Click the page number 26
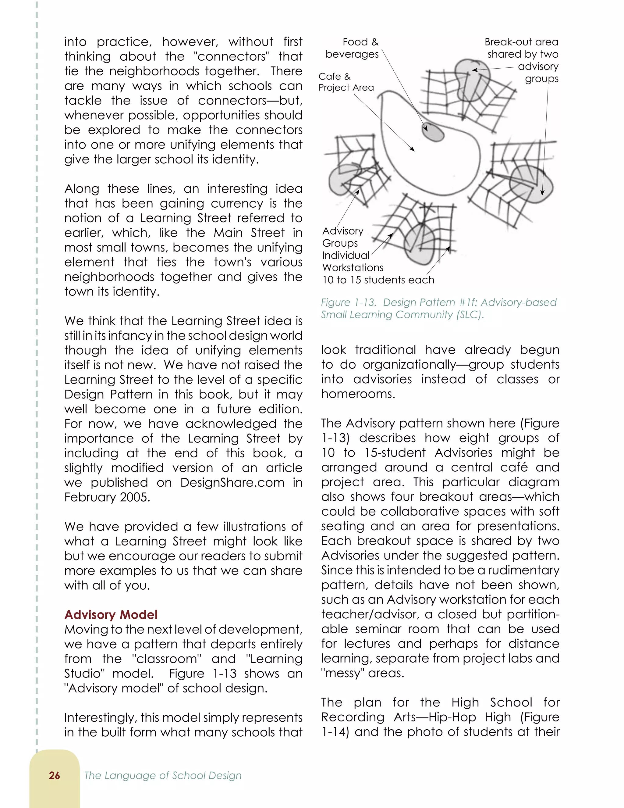(x=54, y=775)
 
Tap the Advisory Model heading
(x=111, y=614)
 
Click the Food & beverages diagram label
(x=352, y=48)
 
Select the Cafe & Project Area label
(x=346, y=82)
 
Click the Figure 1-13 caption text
(x=438, y=308)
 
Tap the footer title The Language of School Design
(x=163, y=775)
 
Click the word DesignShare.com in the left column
(x=232, y=482)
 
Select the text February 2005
(x=107, y=497)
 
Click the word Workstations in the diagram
(x=353, y=267)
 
